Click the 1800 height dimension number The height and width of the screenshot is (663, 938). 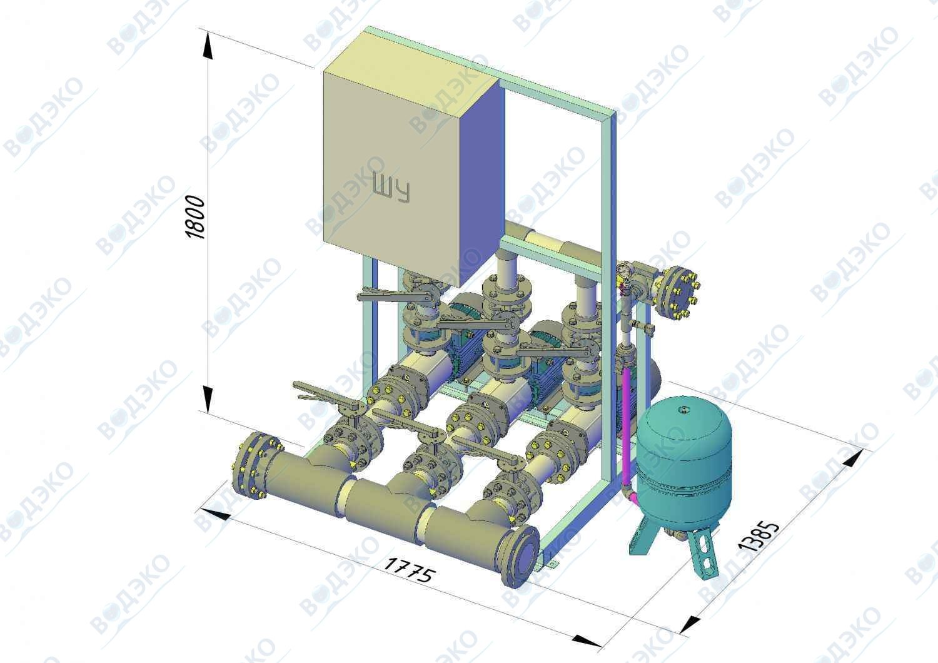(195, 218)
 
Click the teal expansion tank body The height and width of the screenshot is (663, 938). (683, 461)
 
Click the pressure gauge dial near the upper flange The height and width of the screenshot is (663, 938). (623, 271)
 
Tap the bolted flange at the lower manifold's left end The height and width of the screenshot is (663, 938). (252, 465)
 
